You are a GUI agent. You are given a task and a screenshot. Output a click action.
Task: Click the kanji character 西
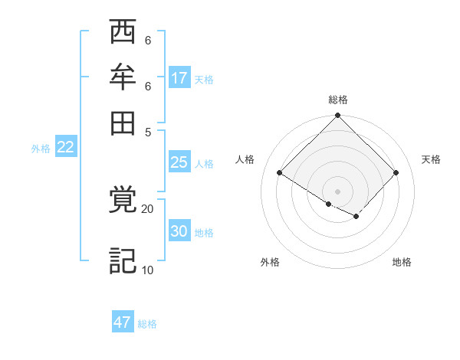(x=123, y=34)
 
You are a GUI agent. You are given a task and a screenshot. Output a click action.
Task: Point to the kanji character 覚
(x=123, y=202)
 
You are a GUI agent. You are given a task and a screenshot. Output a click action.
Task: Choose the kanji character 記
(x=123, y=261)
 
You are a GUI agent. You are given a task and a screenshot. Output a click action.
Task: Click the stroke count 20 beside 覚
(x=147, y=208)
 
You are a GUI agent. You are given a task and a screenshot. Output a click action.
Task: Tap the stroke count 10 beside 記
(x=147, y=270)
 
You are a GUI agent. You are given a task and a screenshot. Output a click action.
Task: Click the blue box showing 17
(x=179, y=78)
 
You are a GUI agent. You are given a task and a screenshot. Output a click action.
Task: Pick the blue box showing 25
(x=179, y=162)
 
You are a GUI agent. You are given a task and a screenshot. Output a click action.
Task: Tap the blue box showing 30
(x=179, y=231)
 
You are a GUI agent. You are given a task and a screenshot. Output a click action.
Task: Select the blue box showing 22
(x=65, y=147)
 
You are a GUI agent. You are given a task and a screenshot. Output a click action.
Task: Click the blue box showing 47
(x=123, y=322)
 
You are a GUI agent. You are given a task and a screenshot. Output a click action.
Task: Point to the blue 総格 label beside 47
(x=147, y=324)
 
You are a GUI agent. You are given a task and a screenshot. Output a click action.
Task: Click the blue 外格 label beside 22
(x=41, y=149)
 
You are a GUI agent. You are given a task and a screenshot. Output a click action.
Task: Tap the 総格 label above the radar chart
(x=338, y=100)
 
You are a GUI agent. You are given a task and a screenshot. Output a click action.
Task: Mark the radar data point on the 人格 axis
(x=280, y=172)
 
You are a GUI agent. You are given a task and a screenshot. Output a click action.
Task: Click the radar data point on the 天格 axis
(x=396, y=172)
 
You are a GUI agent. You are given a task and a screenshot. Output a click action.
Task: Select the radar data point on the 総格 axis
(x=338, y=116)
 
